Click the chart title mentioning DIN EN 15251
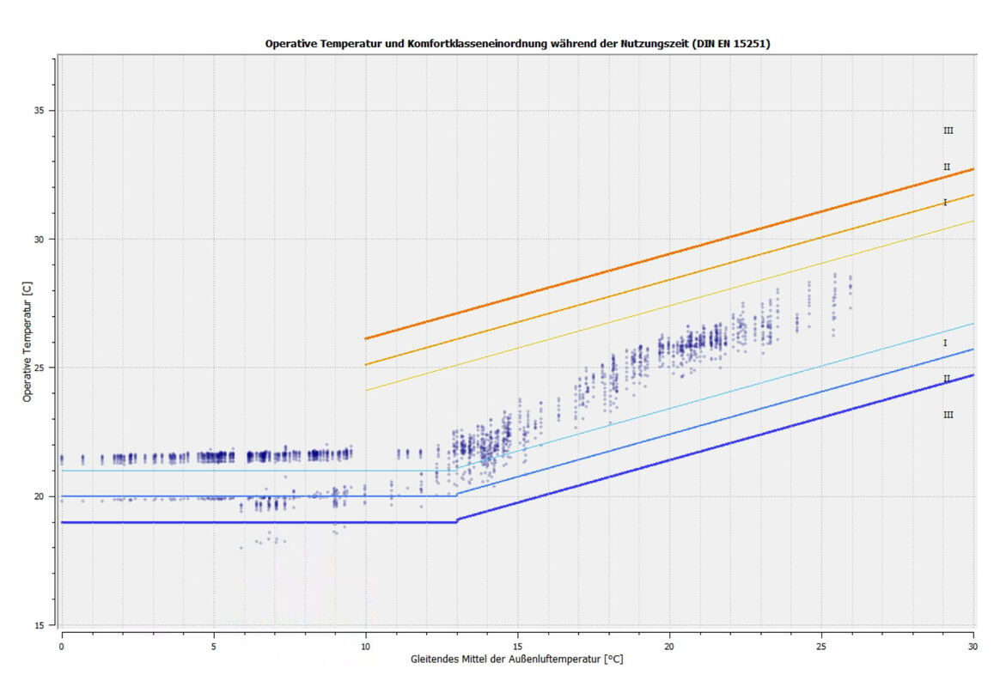click(517, 43)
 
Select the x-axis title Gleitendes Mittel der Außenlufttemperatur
click(516, 660)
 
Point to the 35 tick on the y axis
click(40, 111)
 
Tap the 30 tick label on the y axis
click(40, 240)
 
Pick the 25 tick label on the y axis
click(40, 368)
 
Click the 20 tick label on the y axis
click(40, 496)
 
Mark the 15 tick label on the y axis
click(40, 625)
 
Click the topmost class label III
click(948, 131)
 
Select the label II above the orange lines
click(946, 167)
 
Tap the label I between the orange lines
click(945, 203)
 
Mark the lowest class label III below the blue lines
click(948, 415)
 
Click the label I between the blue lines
click(945, 343)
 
